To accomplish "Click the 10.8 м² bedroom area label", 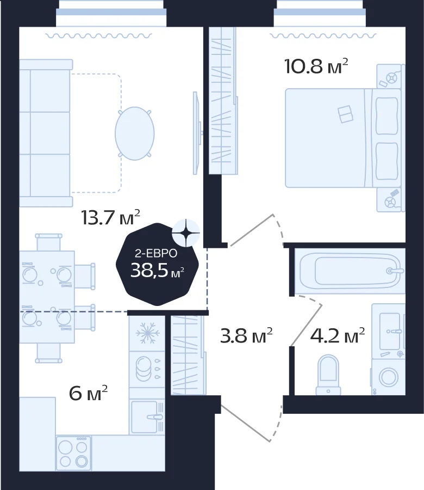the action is point(316,66).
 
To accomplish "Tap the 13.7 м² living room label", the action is point(110,217).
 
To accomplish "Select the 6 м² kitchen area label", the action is point(88,393).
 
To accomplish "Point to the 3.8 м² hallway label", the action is point(246,335).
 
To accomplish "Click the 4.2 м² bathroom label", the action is point(337,335).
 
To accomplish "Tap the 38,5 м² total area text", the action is point(157,270).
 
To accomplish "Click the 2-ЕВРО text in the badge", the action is point(156,253).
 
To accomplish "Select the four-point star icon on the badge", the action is point(186,232).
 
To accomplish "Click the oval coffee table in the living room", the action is point(134,133).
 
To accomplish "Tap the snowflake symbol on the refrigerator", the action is point(147,333).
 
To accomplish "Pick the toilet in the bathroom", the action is point(328,375).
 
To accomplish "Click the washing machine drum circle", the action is point(389,377).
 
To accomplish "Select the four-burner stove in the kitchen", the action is point(73,452).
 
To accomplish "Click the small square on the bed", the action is point(345,114).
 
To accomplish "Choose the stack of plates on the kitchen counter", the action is point(144,369).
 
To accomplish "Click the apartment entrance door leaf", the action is point(246,423).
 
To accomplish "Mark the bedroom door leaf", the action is point(252,230).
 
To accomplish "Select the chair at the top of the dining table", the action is point(49,242).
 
